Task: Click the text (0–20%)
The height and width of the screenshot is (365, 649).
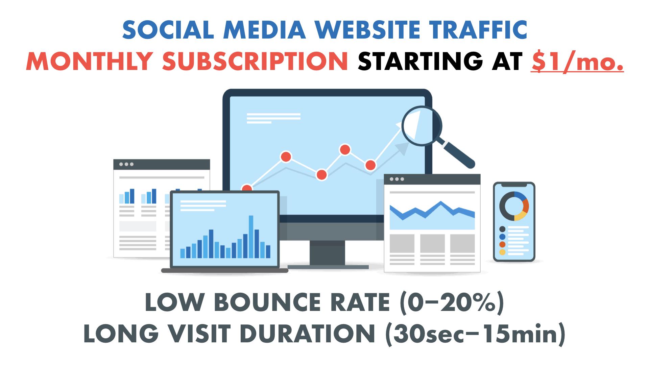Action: coord(452,303)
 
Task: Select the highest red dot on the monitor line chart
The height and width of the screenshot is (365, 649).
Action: coord(345,149)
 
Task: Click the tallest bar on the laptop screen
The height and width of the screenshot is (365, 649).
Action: coord(251,237)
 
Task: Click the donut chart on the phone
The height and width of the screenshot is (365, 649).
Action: coord(514,206)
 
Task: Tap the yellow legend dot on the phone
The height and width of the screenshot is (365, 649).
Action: coord(502,252)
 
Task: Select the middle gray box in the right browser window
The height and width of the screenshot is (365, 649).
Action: coord(432,243)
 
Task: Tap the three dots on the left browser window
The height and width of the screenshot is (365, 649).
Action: coord(126,164)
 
